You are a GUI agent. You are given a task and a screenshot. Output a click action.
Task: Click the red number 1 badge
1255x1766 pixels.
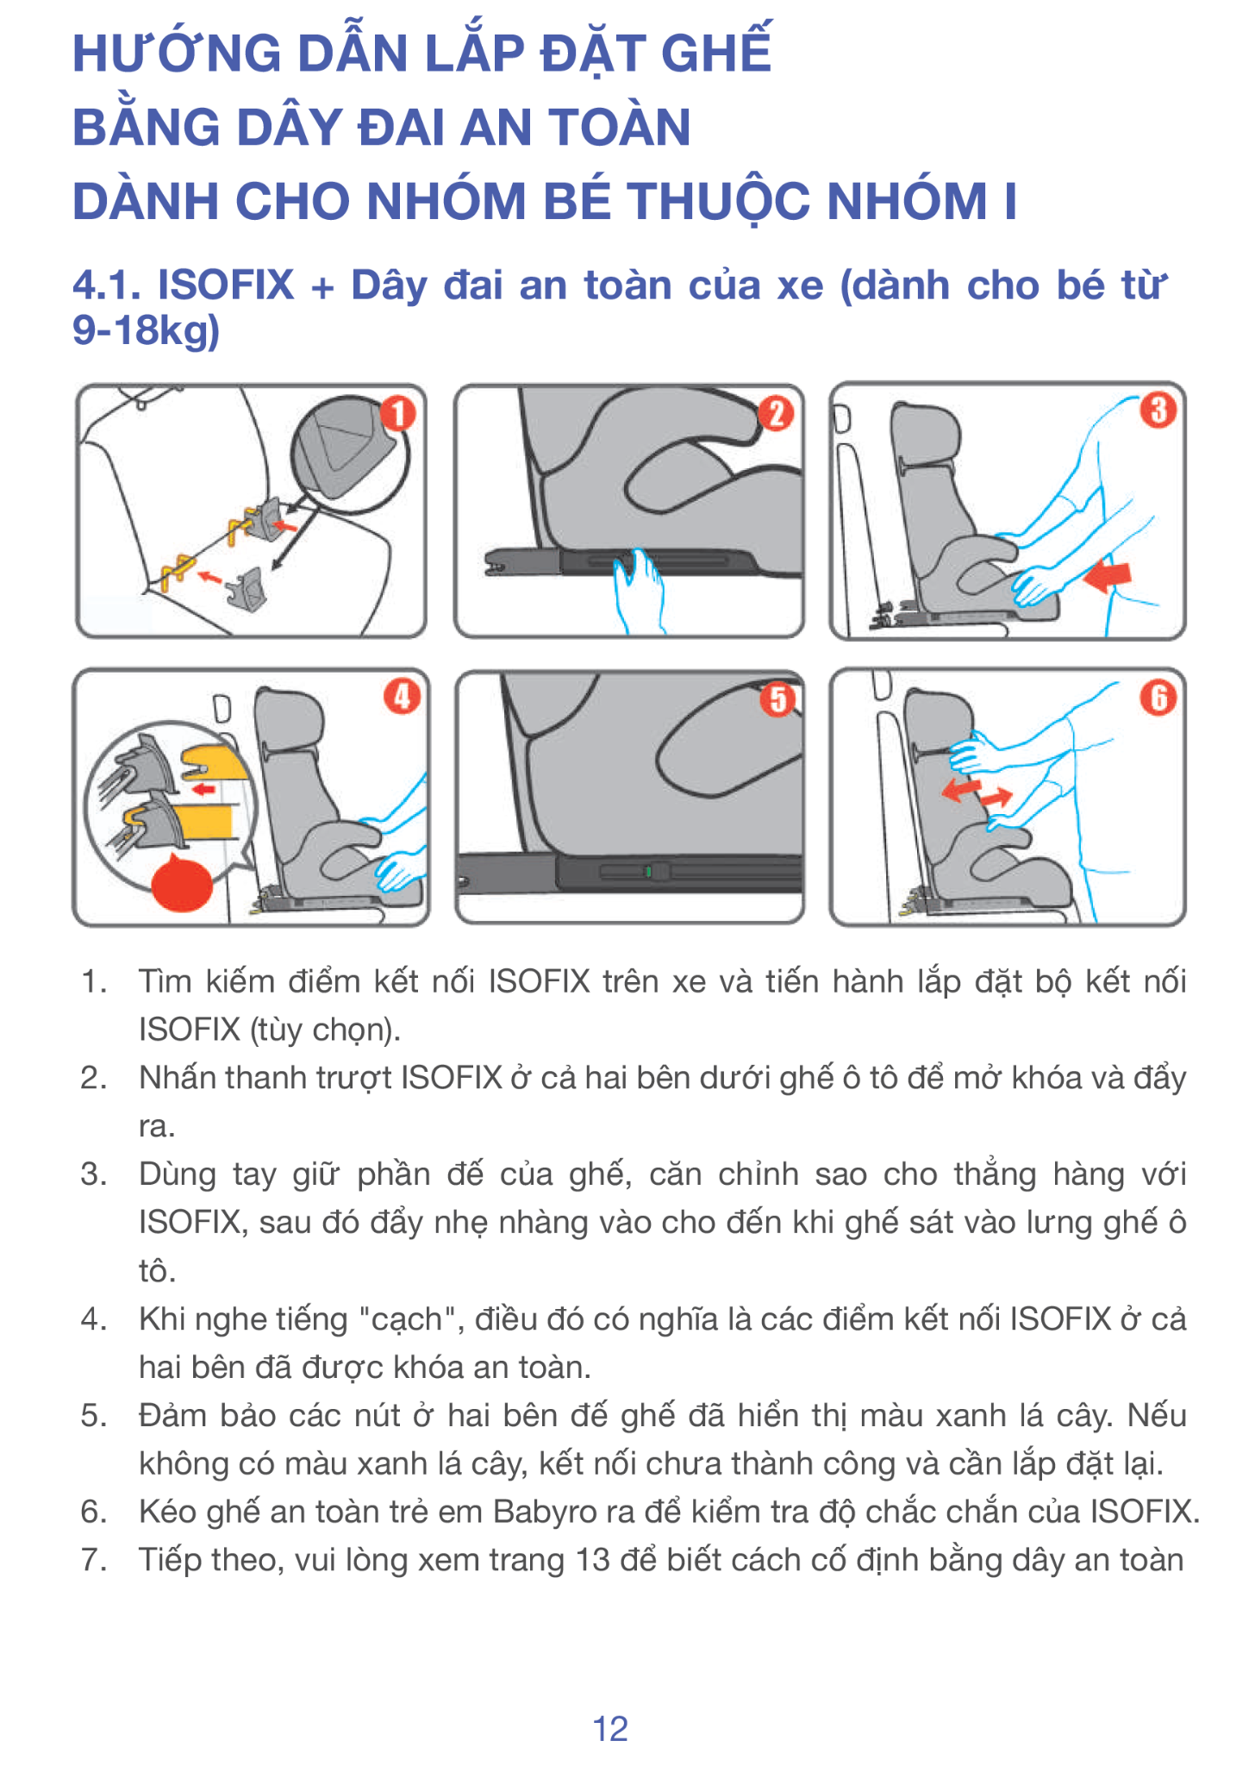pyautogui.click(x=398, y=414)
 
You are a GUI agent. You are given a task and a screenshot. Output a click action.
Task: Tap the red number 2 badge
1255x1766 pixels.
pyautogui.click(x=776, y=414)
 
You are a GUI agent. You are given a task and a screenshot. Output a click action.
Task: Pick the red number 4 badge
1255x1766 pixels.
pyautogui.click(x=402, y=697)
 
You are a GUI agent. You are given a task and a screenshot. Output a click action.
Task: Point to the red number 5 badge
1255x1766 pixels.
pyautogui.click(x=777, y=699)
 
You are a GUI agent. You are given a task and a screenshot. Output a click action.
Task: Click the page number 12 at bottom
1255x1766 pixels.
pyautogui.click(x=610, y=1729)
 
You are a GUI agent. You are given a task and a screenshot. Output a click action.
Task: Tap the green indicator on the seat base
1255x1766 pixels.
pyautogui.click(x=648, y=872)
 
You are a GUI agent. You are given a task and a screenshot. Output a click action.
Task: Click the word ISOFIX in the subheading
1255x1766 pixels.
pyautogui.click(x=227, y=285)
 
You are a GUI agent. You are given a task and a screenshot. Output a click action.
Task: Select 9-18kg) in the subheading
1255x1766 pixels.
pyautogui.click(x=147, y=331)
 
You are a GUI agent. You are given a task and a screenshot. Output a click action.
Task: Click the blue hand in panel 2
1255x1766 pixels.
pyautogui.click(x=639, y=589)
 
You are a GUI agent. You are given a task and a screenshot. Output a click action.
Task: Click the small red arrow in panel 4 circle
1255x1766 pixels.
pyautogui.click(x=203, y=788)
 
